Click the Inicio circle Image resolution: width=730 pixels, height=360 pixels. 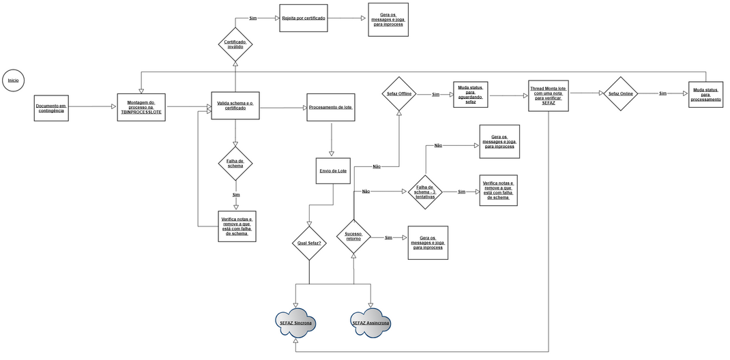pyautogui.click(x=14, y=80)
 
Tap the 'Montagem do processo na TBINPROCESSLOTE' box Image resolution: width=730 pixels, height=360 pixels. pyautogui.click(x=141, y=107)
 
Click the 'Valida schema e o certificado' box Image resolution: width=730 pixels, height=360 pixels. pyautogui.click(x=235, y=106)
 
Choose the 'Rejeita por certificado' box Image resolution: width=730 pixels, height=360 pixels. pyautogui.click(x=304, y=18)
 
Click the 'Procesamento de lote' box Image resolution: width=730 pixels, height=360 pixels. pyautogui.click(x=331, y=108)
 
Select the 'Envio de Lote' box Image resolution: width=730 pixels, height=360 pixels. pyautogui.click(x=334, y=170)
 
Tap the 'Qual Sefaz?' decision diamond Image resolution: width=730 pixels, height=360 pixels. pyautogui.click(x=309, y=242)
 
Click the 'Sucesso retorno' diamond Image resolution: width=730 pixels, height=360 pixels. pyautogui.click(x=353, y=237)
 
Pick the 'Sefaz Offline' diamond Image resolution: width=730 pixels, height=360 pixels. pyautogui.click(x=399, y=94)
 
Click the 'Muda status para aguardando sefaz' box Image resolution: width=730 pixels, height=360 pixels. pyautogui.click(x=471, y=95)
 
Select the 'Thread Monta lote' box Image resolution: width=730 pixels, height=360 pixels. pyautogui.click(x=549, y=95)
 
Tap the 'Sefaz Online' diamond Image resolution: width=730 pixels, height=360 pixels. pyautogui.click(x=621, y=94)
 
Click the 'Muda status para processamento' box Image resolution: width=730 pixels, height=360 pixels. pyautogui.click(x=705, y=94)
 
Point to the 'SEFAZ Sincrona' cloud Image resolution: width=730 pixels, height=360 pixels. pyautogui.click(x=295, y=322)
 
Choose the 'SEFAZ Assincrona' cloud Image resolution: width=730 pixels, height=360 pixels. pyautogui.click(x=371, y=322)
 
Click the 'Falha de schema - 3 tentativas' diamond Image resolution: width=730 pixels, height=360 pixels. pyautogui.click(x=425, y=192)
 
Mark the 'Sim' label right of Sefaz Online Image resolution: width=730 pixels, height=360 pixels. pyautogui.click(x=662, y=93)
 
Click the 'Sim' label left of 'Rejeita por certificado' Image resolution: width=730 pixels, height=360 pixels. pyautogui.click(x=253, y=18)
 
